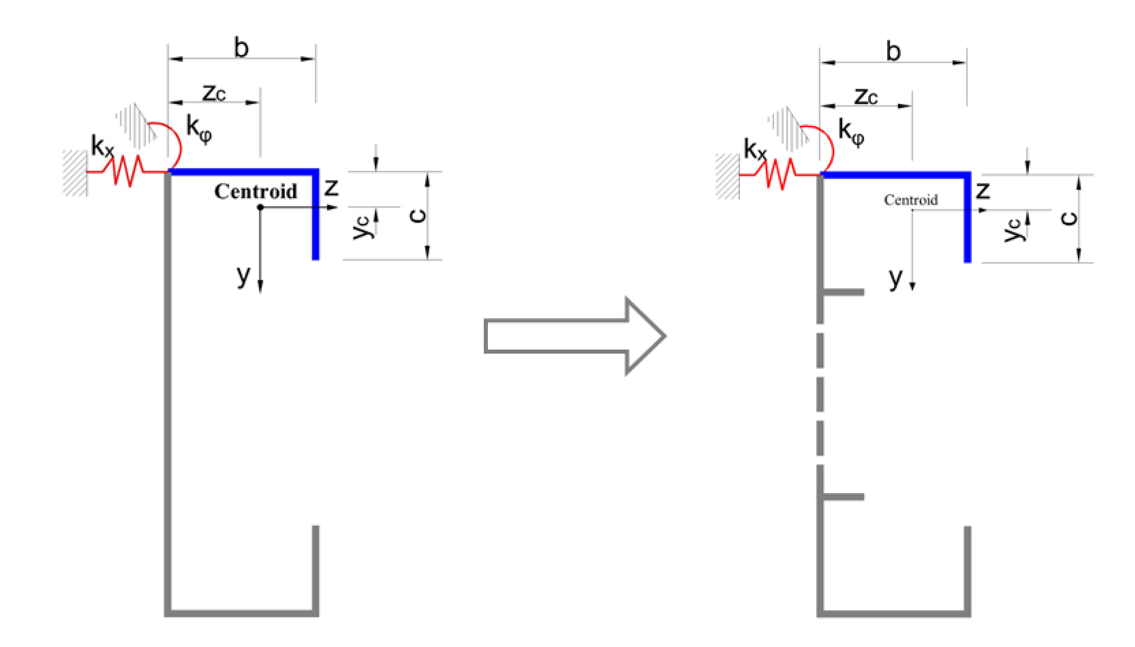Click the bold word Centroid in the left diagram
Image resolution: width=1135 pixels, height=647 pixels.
click(x=255, y=191)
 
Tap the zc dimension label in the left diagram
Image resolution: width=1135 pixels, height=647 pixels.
click(x=214, y=94)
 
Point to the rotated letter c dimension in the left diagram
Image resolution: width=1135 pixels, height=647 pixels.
click(x=417, y=216)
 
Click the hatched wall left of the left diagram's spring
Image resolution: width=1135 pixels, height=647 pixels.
click(x=75, y=173)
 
